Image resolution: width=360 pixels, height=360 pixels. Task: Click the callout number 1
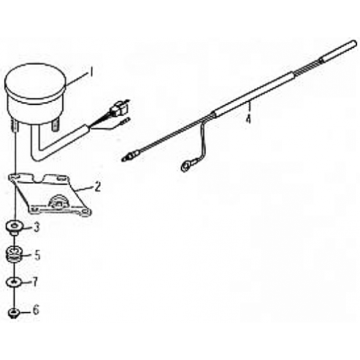click(91, 71)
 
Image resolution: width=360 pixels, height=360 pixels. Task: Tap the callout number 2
click(97, 186)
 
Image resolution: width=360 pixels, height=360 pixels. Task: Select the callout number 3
click(37, 228)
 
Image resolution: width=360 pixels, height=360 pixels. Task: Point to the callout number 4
click(248, 119)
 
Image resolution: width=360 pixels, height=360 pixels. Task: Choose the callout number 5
click(37, 256)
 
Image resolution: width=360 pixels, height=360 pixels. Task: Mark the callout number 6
click(36, 310)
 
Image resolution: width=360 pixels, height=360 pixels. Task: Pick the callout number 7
click(35, 282)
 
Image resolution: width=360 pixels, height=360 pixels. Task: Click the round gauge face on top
click(35, 81)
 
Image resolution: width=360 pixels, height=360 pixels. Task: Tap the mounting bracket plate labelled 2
click(50, 195)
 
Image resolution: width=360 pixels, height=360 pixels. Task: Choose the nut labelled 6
click(14, 313)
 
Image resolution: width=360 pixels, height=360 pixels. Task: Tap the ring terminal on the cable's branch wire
click(186, 166)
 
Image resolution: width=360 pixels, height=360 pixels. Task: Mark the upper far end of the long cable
click(355, 44)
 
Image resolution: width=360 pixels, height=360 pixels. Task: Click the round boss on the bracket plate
click(58, 201)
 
